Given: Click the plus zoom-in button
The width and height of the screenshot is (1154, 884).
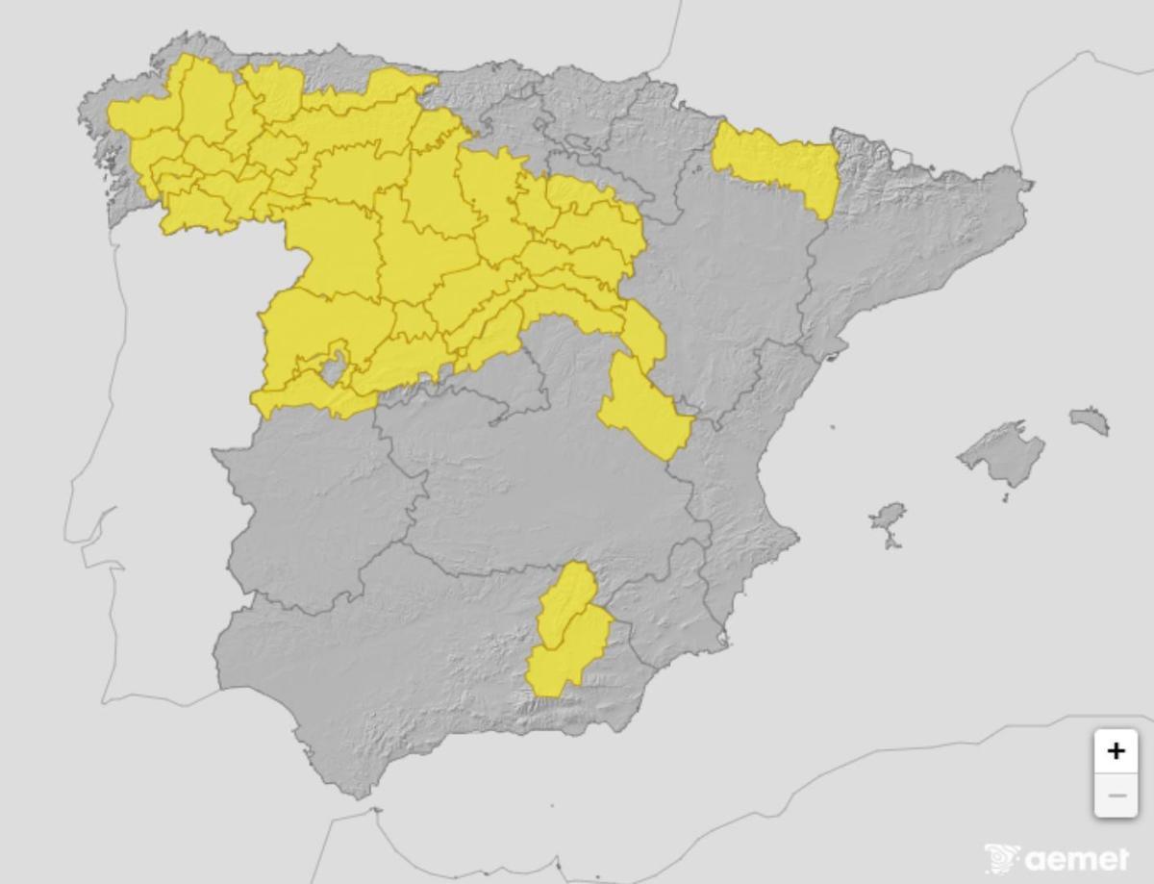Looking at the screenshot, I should [x=1116, y=750].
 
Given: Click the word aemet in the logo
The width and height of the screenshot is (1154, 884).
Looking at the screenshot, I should [x=1077, y=858].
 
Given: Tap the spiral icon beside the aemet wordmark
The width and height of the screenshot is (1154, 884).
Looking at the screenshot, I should [x=1002, y=858].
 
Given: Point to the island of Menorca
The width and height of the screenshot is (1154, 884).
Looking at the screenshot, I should [x=1089, y=420].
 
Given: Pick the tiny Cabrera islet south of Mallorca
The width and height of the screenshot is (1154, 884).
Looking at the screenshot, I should [x=1006, y=498].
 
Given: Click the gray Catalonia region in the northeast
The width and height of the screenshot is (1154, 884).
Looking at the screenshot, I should [x=914, y=240].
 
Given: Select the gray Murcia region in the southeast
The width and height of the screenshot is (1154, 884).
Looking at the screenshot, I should [x=673, y=606].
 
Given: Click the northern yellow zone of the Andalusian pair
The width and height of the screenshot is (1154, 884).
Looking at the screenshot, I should [x=567, y=601].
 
